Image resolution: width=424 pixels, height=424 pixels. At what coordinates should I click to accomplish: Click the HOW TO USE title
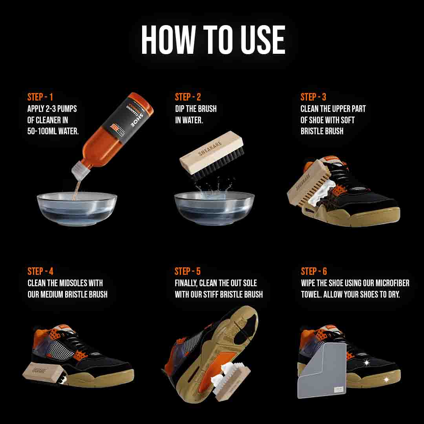click(x=213, y=40)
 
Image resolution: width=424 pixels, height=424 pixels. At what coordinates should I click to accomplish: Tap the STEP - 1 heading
click(x=40, y=97)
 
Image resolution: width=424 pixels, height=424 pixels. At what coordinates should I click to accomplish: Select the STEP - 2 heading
click(x=188, y=97)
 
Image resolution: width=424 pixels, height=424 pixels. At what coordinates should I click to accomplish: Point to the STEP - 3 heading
click(x=313, y=97)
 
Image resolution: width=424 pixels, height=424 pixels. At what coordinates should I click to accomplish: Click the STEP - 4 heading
click(x=40, y=271)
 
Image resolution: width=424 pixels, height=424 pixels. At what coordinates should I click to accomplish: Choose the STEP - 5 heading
click(x=188, y=271)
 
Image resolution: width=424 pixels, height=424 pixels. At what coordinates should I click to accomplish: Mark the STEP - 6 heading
click(x=314, y=271)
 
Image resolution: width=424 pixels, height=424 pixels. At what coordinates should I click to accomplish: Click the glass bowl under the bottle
click(x=77, y=208)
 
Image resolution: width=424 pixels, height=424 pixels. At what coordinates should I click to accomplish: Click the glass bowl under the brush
click(x=214, y=208)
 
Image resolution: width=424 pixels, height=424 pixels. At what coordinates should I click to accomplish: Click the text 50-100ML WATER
click(x=53, y=131)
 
